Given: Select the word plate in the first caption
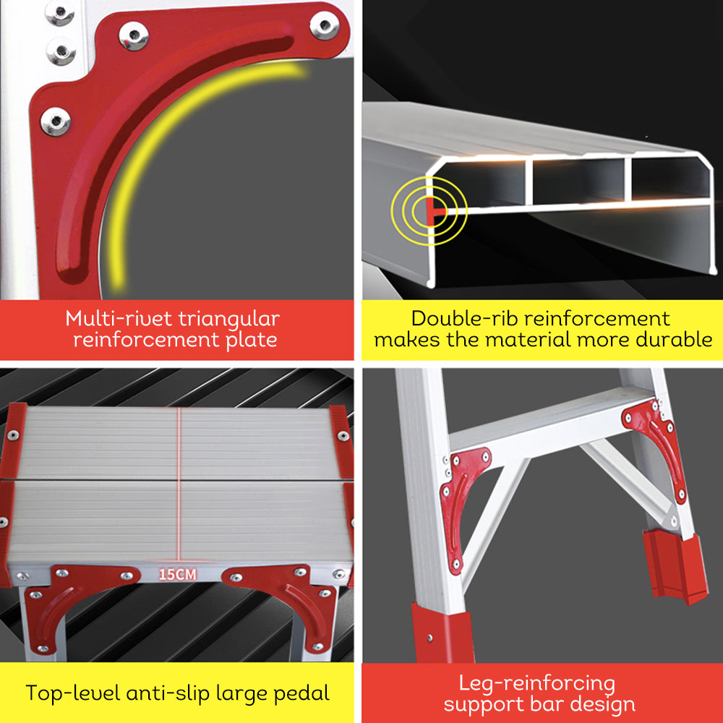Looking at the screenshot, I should pyautogui.click(x=246, y=340).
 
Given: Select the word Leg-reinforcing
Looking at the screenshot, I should pyautogui.click(x=536, y=683).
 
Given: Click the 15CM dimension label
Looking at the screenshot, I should pyautogui.click(x=178, y=576).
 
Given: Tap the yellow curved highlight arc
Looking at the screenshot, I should pyautogui.click(x=174, y=137).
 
